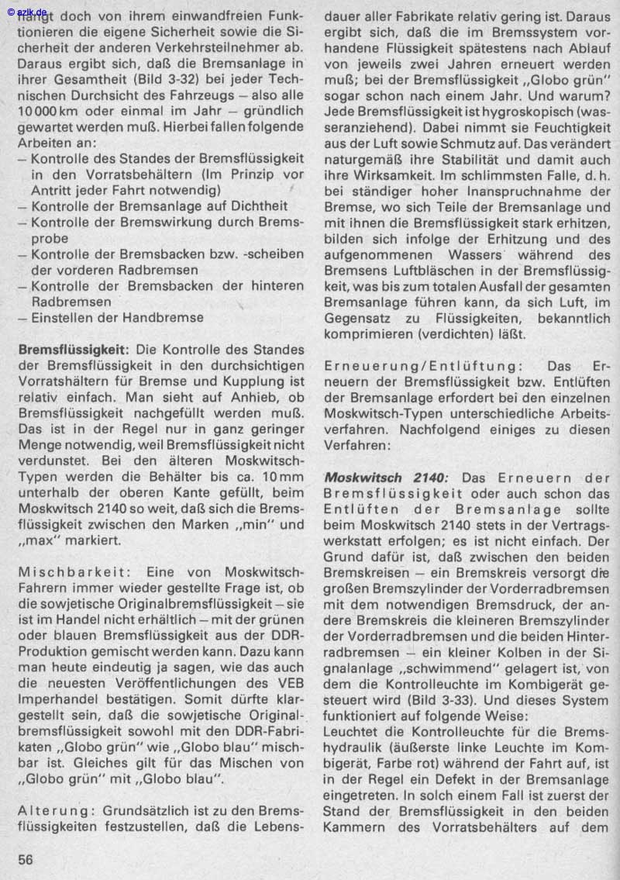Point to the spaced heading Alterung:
pyautogui.click(x=52, y=809)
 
